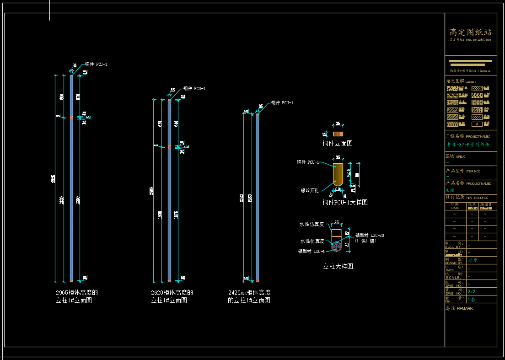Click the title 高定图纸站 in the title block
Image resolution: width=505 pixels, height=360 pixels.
[470, 32]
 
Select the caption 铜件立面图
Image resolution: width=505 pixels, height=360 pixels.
[338, 144]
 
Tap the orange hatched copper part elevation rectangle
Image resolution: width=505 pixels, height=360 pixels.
[338, 134]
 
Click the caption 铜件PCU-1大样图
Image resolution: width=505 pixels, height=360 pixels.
[345, 202]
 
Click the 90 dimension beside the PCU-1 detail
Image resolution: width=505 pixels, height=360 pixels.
[357, 175]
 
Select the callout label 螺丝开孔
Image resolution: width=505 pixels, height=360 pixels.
[310, 190]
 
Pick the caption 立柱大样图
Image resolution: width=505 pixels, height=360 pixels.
[338, 266]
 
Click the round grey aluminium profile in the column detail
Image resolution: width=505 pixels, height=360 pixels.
[336, 246]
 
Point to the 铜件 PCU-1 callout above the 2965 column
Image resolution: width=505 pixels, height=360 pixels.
[96, 64]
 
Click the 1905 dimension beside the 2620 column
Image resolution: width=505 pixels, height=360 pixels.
[160, 215]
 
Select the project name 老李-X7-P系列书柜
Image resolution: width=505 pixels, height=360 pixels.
[468, 145]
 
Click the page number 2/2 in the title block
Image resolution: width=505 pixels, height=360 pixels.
[472, 291]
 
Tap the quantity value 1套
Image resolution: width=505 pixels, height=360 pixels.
[472, 300]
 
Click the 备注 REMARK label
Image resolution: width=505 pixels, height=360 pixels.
[460, 309]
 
